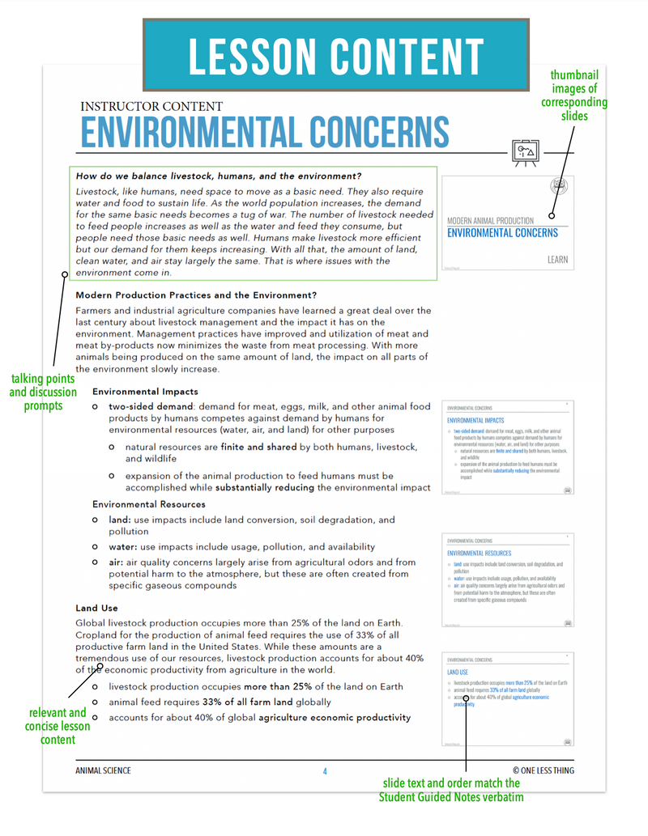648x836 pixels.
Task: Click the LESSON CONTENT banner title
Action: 335,55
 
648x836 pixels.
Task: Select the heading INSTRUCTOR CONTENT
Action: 151,106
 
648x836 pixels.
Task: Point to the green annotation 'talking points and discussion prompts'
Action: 43,392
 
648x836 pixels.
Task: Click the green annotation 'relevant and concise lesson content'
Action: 57,726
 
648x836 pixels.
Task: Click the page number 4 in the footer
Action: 325,771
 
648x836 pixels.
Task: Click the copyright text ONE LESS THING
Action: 543,770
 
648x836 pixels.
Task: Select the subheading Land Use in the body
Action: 97,608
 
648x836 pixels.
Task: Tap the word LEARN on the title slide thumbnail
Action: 557,260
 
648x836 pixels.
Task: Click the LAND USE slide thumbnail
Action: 508,699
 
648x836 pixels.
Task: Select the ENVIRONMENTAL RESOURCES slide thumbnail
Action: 508,579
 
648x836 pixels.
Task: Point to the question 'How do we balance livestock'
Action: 219,176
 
